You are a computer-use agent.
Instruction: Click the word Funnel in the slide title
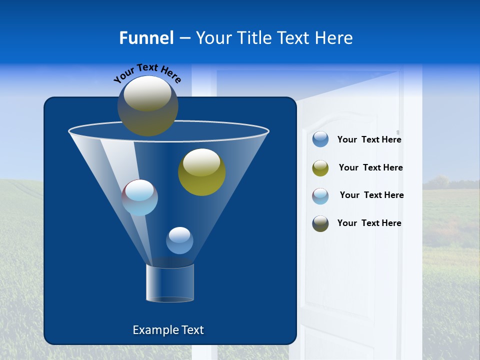[146, 38]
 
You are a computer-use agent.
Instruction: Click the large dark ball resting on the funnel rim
[147, 106]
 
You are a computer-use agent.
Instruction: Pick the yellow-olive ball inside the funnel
[201, 172]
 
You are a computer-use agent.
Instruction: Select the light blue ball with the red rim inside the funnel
[140, 197]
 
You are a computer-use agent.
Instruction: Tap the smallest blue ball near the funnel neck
[179, 240]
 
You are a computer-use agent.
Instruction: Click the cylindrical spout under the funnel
[169, 283]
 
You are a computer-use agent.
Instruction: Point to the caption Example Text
[168, 330]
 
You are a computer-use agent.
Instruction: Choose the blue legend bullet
[320, 139]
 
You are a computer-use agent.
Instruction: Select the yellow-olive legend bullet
[320, 168]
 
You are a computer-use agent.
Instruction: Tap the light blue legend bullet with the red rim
[320, 196]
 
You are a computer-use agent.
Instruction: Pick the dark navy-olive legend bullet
[320, 223]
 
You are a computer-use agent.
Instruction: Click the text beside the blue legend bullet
[369, 140]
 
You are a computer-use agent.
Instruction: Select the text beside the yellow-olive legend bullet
[370, 168]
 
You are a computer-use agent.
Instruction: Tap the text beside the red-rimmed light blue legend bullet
[371, 195]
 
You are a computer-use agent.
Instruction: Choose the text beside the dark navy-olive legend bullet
[369, 223]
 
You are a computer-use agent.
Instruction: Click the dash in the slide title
[184, 38]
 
